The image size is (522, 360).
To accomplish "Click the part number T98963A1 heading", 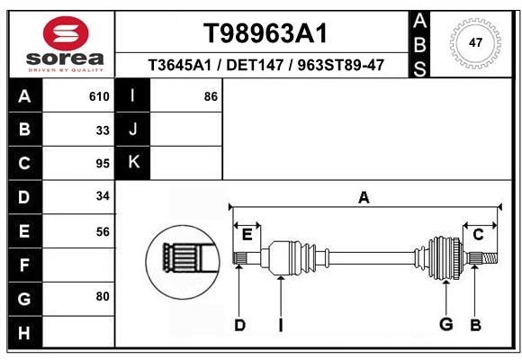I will coord(264,33).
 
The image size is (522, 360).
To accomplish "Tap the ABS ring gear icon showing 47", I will coord(476,42).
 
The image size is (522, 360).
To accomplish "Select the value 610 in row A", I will coord(99,96).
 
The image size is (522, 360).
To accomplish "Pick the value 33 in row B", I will coord(103,130).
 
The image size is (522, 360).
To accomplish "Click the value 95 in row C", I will coord(103,164).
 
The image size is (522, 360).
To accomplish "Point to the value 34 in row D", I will coord(103,197).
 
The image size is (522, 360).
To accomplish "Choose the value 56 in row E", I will coord(103,231).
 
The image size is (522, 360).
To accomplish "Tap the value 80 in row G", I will coord(103,296).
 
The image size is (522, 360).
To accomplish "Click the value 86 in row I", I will coord(211,96).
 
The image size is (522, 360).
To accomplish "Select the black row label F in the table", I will coord(24,265).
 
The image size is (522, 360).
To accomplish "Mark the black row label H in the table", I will coord(24,332).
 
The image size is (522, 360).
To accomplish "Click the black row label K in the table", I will coord(134,163).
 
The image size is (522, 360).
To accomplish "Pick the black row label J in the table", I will coord(134,130).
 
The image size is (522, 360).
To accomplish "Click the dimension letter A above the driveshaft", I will coord(364,198).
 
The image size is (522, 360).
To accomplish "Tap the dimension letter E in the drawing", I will coord(247,235).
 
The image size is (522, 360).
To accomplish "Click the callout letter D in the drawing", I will coord(239,325).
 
